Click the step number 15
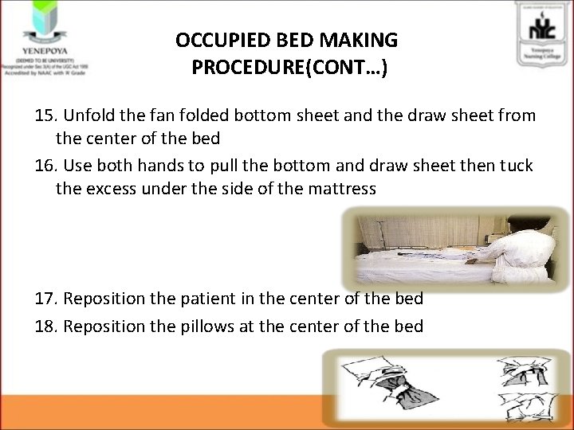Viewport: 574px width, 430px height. pyautogui.click(x=46, y=116)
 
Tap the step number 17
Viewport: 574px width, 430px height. pyautogui.click(x=46, y=299)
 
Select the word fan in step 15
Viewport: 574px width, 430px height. pyautogui.click(x=157, y=116)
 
